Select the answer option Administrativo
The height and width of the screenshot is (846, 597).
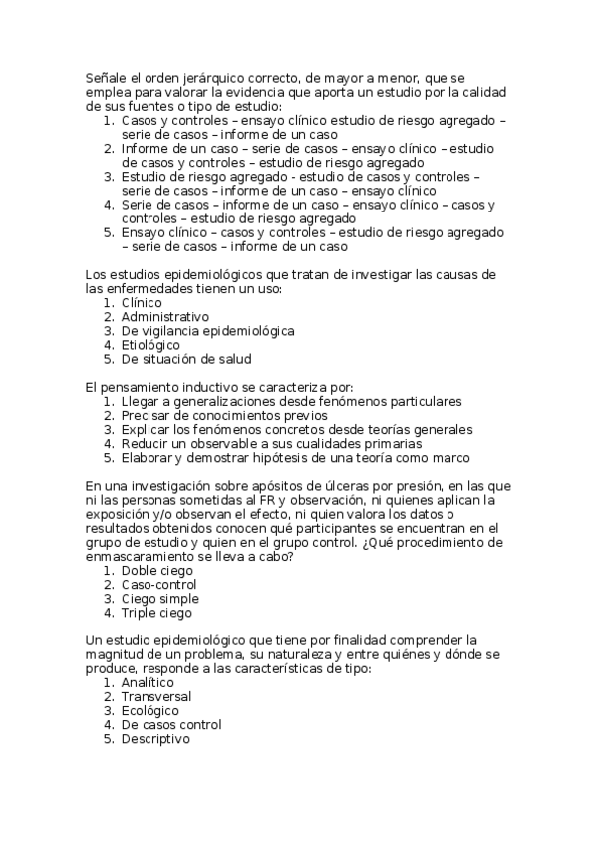point(165,317)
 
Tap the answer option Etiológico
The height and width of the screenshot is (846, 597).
point(151,345)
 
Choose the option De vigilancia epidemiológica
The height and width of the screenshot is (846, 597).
point(208,331)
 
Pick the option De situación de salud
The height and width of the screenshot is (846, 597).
point(186,359)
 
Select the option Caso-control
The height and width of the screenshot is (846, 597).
point(159,585)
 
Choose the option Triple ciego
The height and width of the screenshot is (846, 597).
point(157,613)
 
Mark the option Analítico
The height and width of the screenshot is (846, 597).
point(149,683)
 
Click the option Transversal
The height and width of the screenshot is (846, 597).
point(157,697)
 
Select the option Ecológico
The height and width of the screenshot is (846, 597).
point(150,711)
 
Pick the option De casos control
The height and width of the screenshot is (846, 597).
point(171,725)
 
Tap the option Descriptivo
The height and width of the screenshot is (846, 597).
point(155,739)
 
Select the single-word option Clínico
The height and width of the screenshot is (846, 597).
point(142,303)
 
